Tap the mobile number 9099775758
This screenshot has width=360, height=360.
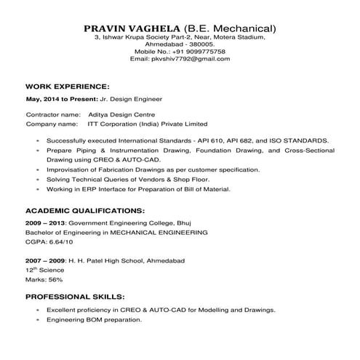201,52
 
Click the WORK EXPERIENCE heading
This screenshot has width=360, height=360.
67,85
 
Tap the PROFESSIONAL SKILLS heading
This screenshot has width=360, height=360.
75,297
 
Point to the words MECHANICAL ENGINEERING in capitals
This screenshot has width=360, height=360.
158,231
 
